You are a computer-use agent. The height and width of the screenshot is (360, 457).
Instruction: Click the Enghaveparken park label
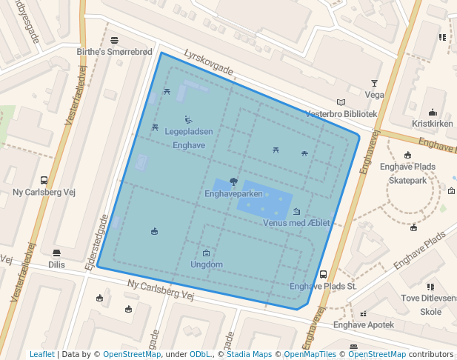tap(233, 194)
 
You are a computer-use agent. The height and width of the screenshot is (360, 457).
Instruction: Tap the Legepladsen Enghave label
tap(189, 132)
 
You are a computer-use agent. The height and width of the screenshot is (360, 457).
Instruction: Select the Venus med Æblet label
tap(296, 223)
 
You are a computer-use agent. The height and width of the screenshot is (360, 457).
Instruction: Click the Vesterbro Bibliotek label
tap(341, 114)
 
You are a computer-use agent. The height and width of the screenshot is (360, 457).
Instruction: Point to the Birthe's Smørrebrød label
tap(115, 52)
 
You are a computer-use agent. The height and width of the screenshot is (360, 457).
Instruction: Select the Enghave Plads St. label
tap(323, 286)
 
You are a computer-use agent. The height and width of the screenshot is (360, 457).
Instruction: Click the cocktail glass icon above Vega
tap(374, 84)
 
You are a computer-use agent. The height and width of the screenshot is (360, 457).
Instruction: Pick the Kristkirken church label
tap(432, 124)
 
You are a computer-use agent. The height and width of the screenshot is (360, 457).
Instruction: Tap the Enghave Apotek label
tap(364, 324)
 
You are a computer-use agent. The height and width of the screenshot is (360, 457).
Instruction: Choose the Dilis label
tap(56, 264)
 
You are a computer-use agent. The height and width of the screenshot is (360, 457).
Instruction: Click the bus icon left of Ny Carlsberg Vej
tap(44, 180)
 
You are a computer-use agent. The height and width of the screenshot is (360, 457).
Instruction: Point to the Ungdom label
tap(207, 264)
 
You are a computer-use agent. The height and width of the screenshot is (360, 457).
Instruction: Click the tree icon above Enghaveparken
tap(233, 181)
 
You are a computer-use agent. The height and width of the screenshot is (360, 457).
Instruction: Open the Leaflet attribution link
tap(41, 354)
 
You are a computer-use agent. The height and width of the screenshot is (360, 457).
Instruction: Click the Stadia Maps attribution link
tap(249, 354)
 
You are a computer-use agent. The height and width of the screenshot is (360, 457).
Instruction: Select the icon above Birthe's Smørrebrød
tap(115, 40)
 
